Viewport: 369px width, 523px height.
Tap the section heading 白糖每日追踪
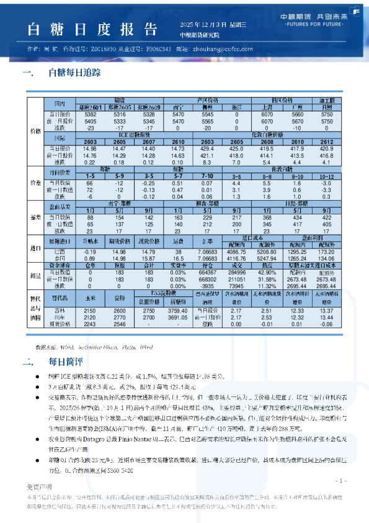pos(74,72)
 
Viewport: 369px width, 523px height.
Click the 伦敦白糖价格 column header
pos(267,134)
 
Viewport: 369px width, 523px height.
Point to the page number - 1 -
pos(340,481)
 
